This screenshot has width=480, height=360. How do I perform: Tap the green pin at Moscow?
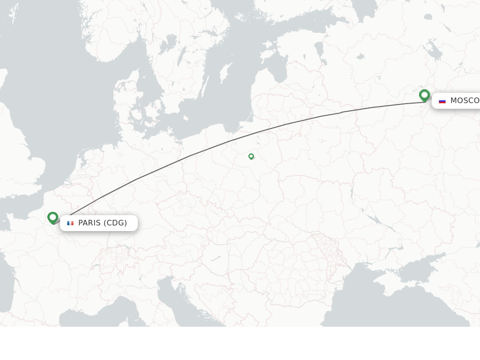[424, 96]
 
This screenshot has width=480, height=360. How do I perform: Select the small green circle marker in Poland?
[251, 157]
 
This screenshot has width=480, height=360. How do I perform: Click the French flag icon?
[70, 223]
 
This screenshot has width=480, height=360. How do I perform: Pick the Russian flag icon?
[442, 101]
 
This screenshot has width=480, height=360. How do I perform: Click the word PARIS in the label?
[90, 223]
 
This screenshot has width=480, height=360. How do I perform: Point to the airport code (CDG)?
[115, 223]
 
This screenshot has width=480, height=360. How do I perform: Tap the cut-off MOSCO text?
[465, 101]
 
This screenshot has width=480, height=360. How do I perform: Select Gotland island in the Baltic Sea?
[226, 73]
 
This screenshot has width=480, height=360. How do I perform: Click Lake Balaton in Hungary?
[216, 258]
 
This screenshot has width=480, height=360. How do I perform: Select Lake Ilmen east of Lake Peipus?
[360, 57]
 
